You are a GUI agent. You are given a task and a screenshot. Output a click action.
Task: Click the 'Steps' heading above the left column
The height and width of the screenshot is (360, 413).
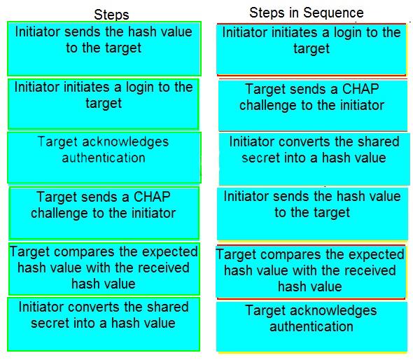(x=111, y=15)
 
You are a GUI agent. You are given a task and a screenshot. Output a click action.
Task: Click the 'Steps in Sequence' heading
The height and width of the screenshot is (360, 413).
(x=307, y=13)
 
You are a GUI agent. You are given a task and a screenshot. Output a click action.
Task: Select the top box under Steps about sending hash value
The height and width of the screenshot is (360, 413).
(x=104, y=49)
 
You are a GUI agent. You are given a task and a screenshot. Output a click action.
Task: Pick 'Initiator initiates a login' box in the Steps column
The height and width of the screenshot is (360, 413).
(x=104, y=104)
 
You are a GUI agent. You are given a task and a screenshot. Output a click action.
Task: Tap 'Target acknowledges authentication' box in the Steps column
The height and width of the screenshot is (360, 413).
(x=104, y=158)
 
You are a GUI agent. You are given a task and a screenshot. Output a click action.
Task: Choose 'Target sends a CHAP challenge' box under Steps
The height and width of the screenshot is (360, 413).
(x=104, y=213)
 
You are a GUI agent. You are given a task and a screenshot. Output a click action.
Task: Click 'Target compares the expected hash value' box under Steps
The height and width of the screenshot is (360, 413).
(x=104, y=268)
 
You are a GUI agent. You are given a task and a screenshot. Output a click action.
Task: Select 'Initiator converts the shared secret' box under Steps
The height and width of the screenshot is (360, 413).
(x=104, y=324)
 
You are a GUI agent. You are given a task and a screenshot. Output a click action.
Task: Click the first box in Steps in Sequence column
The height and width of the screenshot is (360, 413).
(x=311, y=50)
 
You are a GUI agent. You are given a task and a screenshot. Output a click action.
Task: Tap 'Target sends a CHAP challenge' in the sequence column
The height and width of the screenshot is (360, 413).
(x=313, y=106)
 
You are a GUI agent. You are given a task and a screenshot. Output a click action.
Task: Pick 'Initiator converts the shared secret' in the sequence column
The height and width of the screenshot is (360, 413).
(x=314, y=159)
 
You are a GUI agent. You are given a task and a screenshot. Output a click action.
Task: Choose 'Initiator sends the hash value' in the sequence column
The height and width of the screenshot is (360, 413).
(x=312, y=214)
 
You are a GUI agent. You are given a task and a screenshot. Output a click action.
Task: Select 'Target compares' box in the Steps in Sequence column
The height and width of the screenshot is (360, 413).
(x=311, y=272)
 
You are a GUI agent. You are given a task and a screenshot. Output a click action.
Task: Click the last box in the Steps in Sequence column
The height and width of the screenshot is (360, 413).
(x=312, y=327)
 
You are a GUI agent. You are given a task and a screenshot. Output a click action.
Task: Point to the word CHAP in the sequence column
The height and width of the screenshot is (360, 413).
(x=360, y=89)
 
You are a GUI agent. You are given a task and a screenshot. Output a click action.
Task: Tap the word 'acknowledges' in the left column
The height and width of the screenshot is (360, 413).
(x=125, y=142)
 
